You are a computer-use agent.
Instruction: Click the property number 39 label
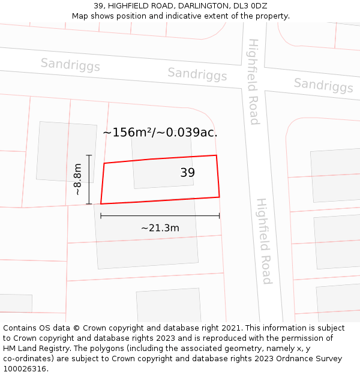click(187, 173)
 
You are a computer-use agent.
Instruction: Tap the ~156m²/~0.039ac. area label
click(160, 133)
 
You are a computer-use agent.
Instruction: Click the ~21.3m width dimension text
click(160, 228)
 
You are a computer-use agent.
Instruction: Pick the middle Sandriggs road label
click(197, 74)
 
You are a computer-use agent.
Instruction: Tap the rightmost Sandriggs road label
click(323, 85)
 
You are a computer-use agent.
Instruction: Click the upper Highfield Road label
click(254, 82)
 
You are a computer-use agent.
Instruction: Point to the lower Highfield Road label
click(264, 241)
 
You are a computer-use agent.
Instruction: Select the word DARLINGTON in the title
click(197, 6)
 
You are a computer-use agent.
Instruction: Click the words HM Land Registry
click(34, 349)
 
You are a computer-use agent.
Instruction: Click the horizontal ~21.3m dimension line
click(160, 215)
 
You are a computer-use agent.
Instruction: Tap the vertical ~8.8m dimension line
click(89, 180)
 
